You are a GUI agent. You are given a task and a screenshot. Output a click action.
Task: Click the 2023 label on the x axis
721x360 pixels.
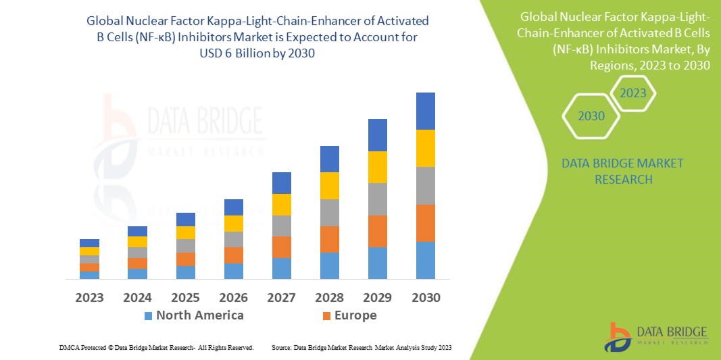tap(89, 298)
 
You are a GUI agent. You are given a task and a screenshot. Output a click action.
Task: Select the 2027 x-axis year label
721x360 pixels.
tap(282, 298)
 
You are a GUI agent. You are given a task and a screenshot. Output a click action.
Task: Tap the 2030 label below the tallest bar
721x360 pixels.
tap(426, 298)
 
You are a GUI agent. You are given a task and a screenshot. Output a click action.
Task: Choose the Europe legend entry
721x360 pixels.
tap(349, 315)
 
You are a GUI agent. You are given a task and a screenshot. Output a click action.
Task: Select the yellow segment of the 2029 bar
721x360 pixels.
tap(378, 167)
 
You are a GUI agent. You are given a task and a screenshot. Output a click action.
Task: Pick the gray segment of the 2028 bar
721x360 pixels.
tap(330, 212)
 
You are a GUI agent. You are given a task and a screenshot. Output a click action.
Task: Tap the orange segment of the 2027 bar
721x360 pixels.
tap(282, 247)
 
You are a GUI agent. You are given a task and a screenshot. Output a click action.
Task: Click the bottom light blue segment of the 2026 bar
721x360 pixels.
tap(234, 271)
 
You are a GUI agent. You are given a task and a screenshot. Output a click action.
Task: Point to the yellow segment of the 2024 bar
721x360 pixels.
tap(138, 242)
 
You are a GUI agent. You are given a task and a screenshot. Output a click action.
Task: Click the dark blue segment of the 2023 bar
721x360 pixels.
tap(89, 243)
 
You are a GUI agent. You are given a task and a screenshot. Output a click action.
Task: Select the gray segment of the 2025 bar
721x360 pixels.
tap(186, 246)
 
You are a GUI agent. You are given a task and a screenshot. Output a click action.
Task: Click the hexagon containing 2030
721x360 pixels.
tap(591, 116)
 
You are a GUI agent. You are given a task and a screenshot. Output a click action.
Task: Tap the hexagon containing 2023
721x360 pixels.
tap(632, 93)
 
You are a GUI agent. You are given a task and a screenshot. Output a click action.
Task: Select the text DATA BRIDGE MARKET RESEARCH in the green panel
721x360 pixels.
tap(622, 172)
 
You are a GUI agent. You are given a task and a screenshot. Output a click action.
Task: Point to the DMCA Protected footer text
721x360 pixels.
tap(156, 347)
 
